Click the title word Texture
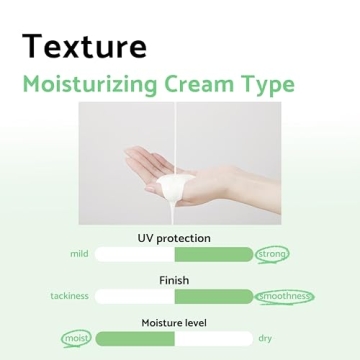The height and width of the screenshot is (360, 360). [x=84, y=46]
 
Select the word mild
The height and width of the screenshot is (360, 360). [x=79, y=254]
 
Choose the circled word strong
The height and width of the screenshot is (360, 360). [x=272, y=254]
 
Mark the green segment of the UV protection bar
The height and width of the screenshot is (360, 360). [x=213, y=254]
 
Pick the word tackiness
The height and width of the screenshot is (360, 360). [x=69, y=296]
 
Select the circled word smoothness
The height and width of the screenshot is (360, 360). [x=284, y=296]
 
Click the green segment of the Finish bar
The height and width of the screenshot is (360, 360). [x=213, y=296]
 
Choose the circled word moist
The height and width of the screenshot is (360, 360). [x=75, y=338]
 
